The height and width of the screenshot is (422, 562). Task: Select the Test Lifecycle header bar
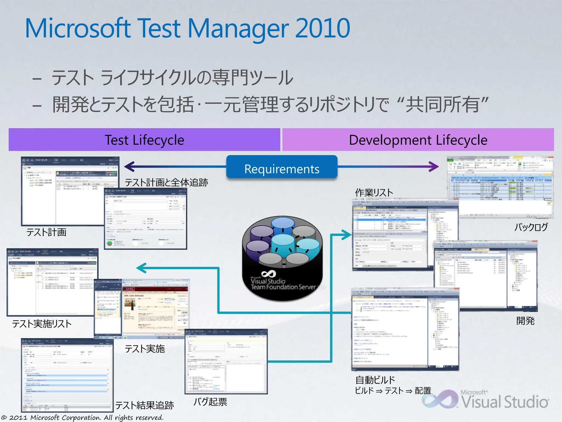(144, 140)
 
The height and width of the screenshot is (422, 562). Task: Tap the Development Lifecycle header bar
(418, 140)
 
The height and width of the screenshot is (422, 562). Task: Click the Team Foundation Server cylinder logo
(283, 258)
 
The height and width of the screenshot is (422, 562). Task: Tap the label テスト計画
(46, 232)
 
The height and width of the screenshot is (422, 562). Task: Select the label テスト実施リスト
(42, 324)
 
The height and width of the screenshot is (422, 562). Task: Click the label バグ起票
(210, 402)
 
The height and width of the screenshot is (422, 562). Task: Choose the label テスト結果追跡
(144, 405)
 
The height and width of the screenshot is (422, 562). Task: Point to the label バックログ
(531, 227)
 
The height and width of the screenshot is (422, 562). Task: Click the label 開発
(525, 321)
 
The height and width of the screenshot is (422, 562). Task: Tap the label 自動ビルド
(375, 380)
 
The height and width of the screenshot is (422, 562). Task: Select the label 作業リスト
(374, 193)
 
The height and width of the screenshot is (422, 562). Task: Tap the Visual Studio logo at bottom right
(486, 400)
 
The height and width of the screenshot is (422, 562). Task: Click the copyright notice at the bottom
(82, 418)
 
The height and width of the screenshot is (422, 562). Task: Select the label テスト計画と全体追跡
(166, 182)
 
